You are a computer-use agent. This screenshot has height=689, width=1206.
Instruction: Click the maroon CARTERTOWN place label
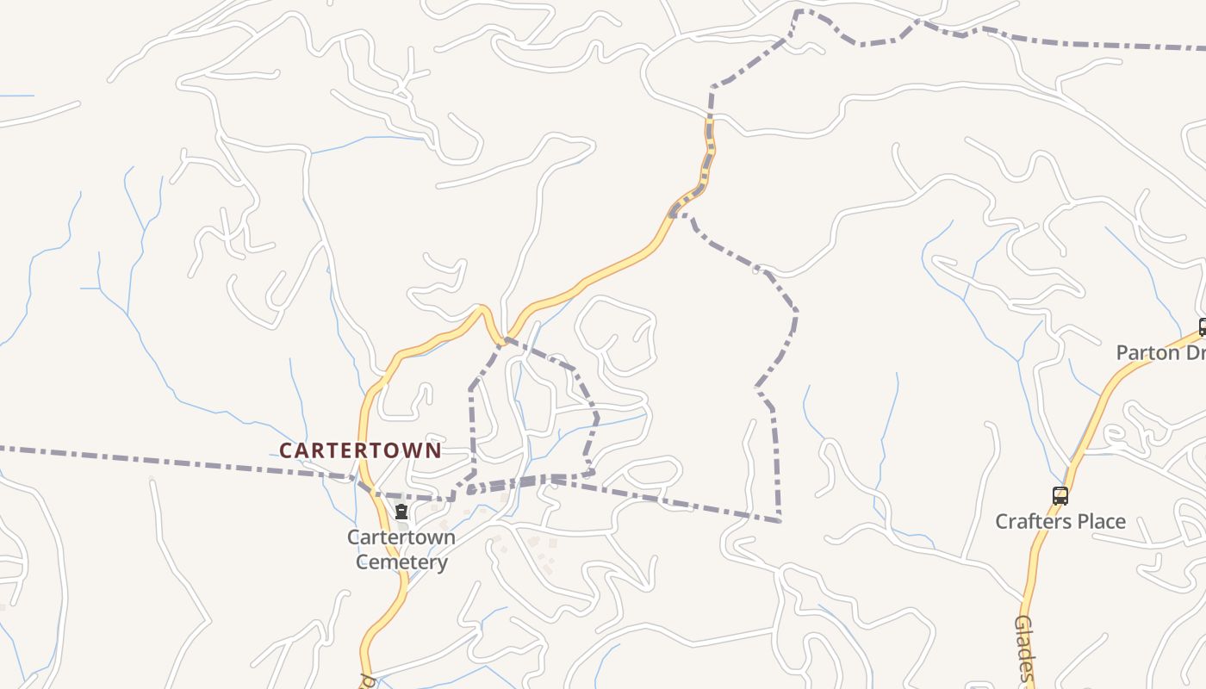(360, 450)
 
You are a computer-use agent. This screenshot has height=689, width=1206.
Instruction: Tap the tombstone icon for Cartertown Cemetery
(401, 512)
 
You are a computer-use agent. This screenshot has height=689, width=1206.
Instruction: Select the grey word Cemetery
(401, 562)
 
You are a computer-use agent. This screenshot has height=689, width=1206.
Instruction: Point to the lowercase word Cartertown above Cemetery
(401, 537)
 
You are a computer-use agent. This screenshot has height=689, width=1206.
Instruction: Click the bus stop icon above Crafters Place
(1060, 496)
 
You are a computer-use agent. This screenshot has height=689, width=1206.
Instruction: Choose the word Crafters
(1029, 521)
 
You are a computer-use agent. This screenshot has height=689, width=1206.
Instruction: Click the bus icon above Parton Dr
(1203, 327)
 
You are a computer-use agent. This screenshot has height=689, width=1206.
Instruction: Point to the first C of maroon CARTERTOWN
(286, 450)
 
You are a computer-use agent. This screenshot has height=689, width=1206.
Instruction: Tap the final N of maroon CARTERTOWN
(434, 450)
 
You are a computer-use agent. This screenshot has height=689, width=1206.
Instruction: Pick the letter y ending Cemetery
(442, 564)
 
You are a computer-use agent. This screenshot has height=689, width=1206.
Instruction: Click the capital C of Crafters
(1003, 521)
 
